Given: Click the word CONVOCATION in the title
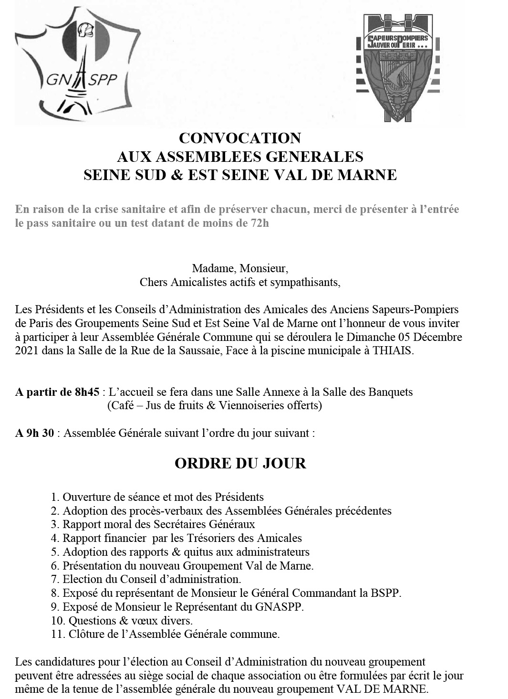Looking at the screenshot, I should (x=240, y=138).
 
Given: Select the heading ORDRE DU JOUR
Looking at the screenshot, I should (x=240, y=463).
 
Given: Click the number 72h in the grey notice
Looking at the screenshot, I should (x=258, y=223).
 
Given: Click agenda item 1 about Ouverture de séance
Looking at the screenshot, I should (x=157, y=497).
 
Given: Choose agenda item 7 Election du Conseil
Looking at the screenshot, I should (x=146, y=579).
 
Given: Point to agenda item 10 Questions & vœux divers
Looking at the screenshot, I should (x=122, y=621).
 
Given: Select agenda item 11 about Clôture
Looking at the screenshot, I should (x=165, y=635).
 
